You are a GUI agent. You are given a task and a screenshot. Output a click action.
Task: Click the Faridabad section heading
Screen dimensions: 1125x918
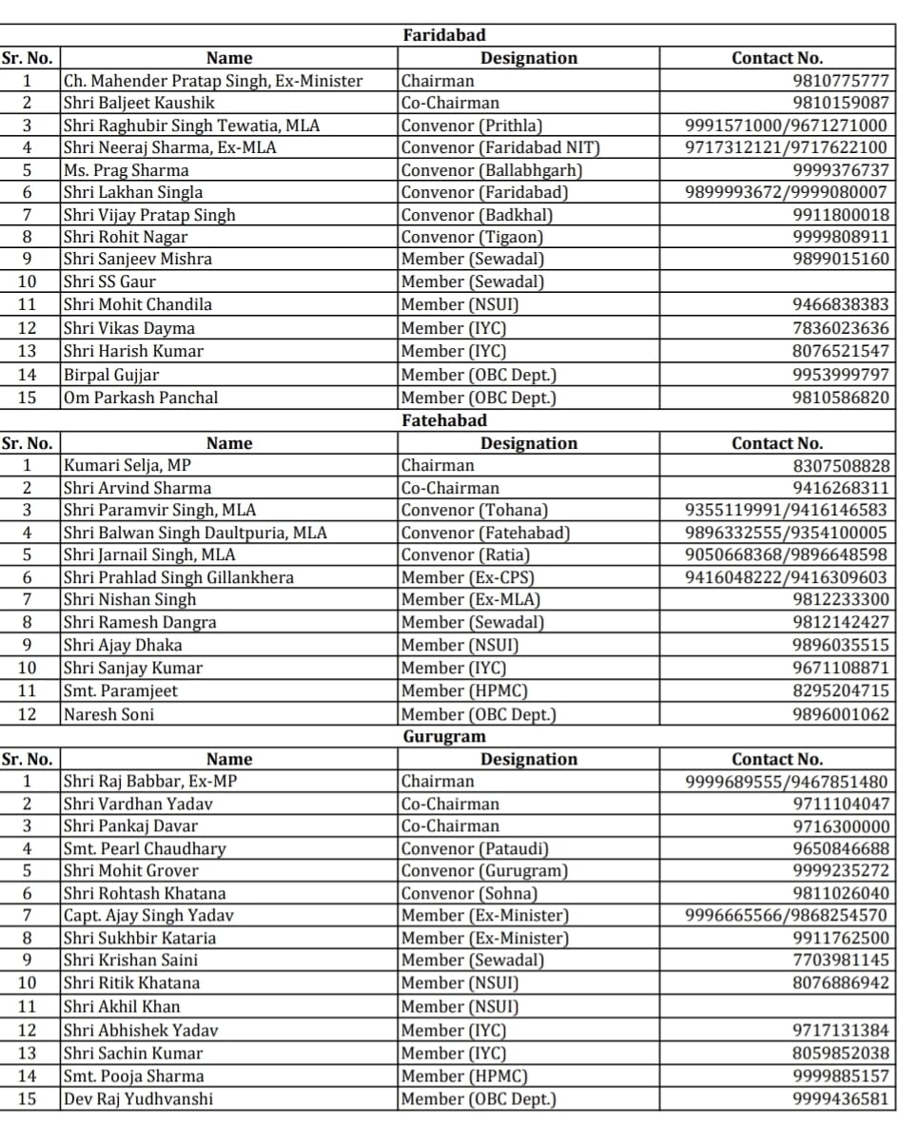(444, 36)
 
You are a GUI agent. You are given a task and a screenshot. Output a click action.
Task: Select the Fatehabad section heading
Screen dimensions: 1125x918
(444, 420)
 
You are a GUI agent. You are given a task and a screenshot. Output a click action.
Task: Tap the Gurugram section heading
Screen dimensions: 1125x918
(443, 737)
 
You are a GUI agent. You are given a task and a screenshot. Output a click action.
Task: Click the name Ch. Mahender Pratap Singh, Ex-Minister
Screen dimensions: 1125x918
(213, 81)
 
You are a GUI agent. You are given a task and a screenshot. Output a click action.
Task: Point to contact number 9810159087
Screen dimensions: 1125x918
(842, 103)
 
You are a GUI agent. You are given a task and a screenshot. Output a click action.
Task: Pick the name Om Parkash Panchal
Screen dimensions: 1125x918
(141, 398)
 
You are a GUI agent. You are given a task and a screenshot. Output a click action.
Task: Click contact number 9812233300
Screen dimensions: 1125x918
(842, 599)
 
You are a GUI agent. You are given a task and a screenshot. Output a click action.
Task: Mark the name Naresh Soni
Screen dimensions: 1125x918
(108, 714)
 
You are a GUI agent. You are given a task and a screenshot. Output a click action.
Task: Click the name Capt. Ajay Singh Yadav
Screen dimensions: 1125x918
(148, 916)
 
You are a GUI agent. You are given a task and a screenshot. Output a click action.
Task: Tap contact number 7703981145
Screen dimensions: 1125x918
(842, 960)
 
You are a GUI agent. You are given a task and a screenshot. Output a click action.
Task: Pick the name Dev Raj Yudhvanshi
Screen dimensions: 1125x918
(139, 1099)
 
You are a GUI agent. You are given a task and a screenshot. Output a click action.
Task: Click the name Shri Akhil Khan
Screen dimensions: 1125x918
(122, 1006)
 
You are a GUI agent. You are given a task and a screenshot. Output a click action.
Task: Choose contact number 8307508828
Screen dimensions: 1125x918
(842, 466)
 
